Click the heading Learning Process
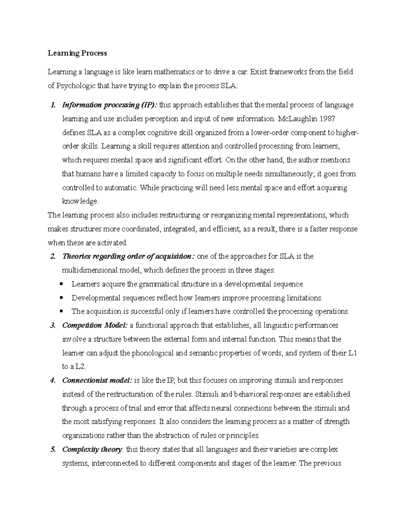tap(77, 53)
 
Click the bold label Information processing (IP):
tap(110, 105)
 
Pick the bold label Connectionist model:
tap(97, 380)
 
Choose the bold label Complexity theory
tap(92, 450)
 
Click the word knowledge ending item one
tap(80, 201)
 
